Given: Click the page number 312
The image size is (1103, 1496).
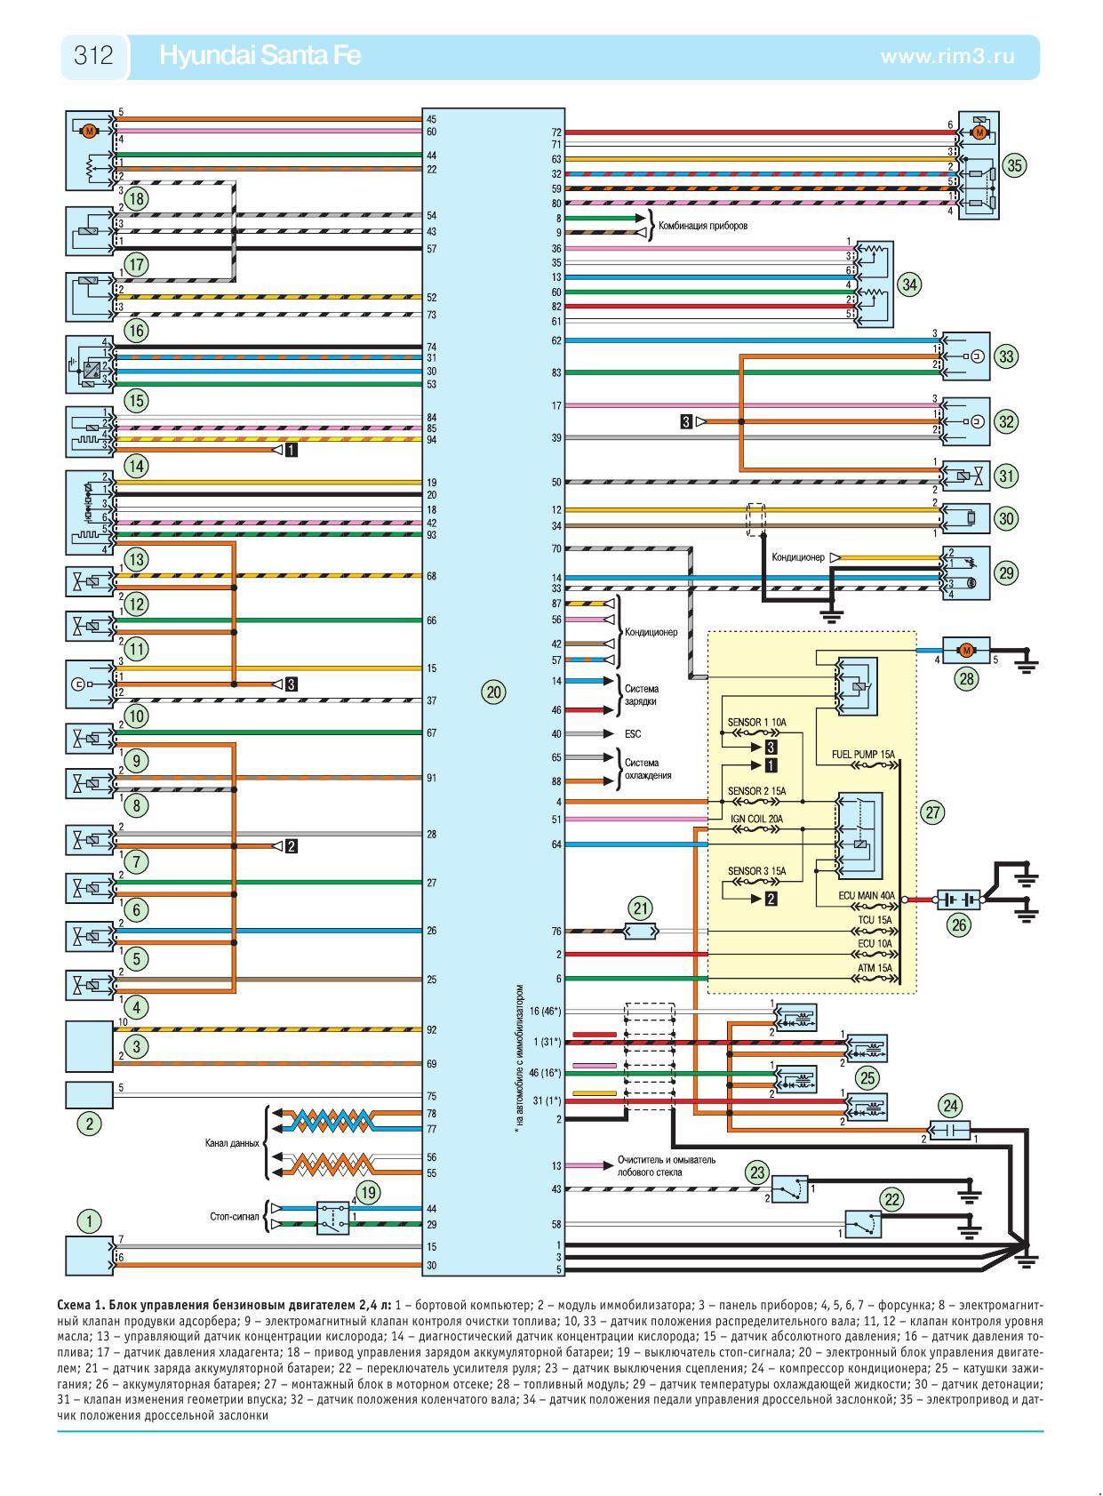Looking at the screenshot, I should pos(93,56).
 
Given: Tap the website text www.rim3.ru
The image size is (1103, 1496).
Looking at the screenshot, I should pos(947,56).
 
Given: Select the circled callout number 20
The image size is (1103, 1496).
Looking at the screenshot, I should pos(494,692).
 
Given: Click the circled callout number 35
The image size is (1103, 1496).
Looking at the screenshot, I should pos(1014,164).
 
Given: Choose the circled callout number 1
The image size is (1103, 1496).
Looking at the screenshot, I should pos(89,1221).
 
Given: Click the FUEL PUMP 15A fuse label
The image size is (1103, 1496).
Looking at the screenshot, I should pos(863,754).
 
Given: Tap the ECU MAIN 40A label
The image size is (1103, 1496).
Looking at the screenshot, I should pos(866,896).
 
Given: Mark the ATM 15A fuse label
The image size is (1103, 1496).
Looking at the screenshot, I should pos(875,967).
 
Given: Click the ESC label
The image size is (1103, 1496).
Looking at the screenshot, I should pos(632,734).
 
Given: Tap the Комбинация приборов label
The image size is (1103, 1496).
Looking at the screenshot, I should pos(702,226).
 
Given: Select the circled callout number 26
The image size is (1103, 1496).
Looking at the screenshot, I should pos(959,924).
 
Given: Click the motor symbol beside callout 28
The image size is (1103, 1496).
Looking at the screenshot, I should pos(964,650).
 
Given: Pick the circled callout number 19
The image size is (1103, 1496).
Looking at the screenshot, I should pos(367,1191).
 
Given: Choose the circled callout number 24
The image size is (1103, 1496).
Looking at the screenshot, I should pos(951,1106).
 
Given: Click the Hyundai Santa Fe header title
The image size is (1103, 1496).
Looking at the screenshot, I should pos(260,56).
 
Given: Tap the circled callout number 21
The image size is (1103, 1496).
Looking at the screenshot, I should pos(640,908).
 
